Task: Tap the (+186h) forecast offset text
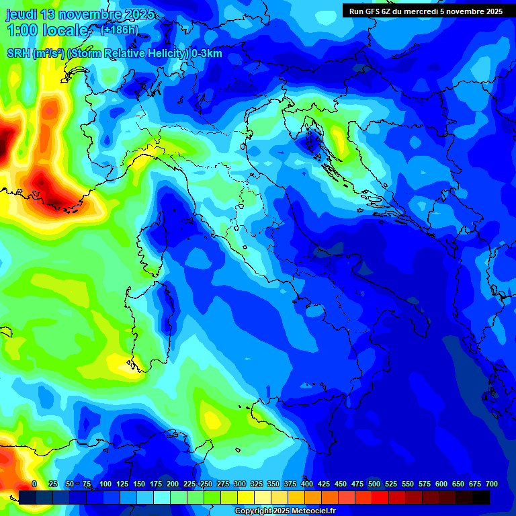119,30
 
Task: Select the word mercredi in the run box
429,11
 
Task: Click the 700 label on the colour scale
491,484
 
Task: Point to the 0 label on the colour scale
34,484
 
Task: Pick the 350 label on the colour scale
273,484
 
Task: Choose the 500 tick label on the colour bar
374,484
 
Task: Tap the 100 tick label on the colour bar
105,484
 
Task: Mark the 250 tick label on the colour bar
206,484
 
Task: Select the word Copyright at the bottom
253,511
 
